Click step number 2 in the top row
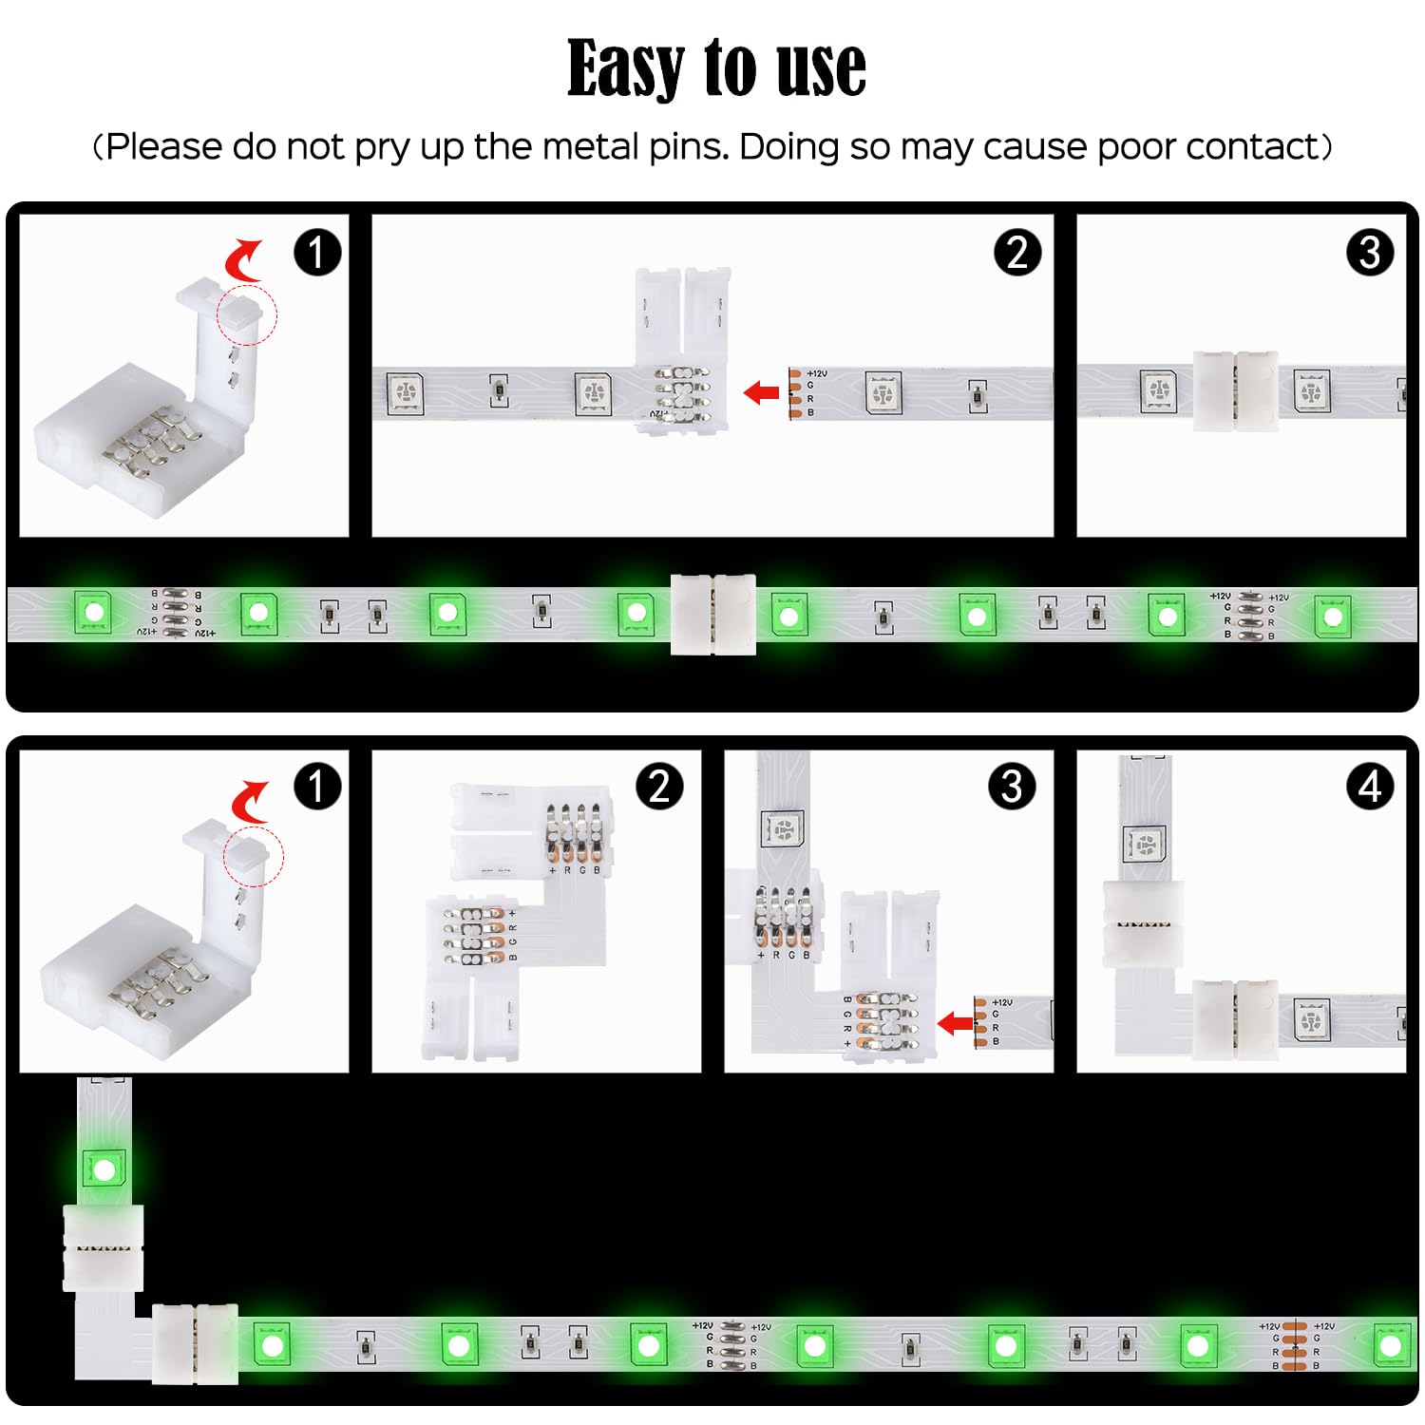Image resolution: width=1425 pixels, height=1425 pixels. click(x=1016, y=253)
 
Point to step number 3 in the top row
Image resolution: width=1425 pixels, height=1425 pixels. click(x=1369, y=253)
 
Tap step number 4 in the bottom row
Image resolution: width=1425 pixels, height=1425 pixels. click(x=1369, y=788)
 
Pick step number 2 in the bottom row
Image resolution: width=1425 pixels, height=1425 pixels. click(x=659, y=788)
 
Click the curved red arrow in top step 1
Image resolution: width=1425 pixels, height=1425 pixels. click(x=243, y=259)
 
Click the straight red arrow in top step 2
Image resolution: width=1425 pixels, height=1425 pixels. click(x=761, y=391)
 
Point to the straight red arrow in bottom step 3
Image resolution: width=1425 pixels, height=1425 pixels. click(x=955, y=1023)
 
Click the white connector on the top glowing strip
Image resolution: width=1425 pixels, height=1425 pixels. click(x=713, y=615)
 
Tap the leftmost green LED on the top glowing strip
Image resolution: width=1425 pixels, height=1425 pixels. click(x=93, y=613)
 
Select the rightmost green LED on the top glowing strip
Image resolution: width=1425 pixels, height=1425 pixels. click(x=1333, y=616)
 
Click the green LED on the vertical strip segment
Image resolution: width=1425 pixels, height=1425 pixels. click(x=104, y=1169)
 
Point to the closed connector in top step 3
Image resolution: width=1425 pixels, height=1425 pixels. click(x=1236, y=390)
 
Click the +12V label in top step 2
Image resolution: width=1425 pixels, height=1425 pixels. click(x=817, y=374)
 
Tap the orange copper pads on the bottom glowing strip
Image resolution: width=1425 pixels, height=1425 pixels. click(x=1295, y=1346)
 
